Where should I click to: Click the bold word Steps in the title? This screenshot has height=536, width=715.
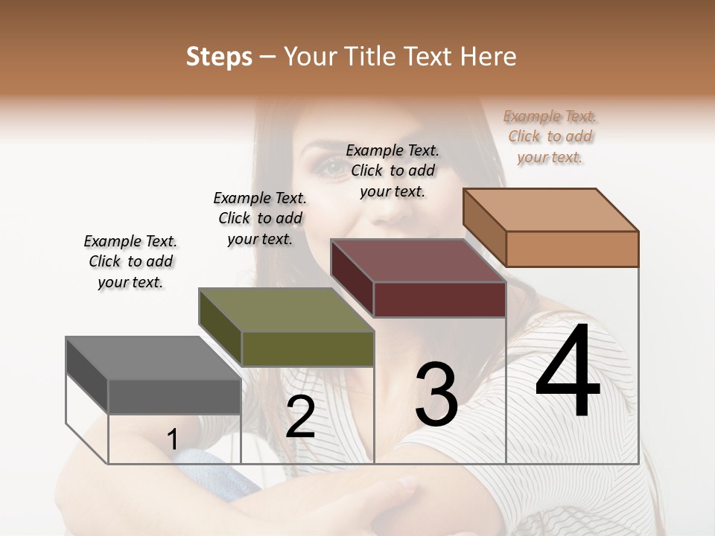(219, 57)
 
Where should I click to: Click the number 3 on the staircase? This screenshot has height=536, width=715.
(436, 395)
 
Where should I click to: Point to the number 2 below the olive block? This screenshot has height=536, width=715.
(300, 417)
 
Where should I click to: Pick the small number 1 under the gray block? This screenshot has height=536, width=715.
(172, 439)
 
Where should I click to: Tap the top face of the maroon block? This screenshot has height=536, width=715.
(418, 261)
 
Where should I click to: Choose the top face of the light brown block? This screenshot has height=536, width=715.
(550, 209)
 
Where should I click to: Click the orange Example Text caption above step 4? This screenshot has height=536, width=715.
(550, 136)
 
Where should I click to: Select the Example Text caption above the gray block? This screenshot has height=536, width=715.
(130, 261)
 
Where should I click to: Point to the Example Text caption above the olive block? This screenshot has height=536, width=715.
(260, 218)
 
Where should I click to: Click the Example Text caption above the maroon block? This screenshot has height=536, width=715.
(393, 170)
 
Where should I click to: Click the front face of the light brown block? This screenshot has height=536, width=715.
(572, 249)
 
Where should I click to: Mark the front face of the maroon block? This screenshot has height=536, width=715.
(439, 300)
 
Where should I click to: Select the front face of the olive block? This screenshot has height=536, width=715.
(308, 348)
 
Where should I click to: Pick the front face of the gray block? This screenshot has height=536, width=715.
(175, 396)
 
